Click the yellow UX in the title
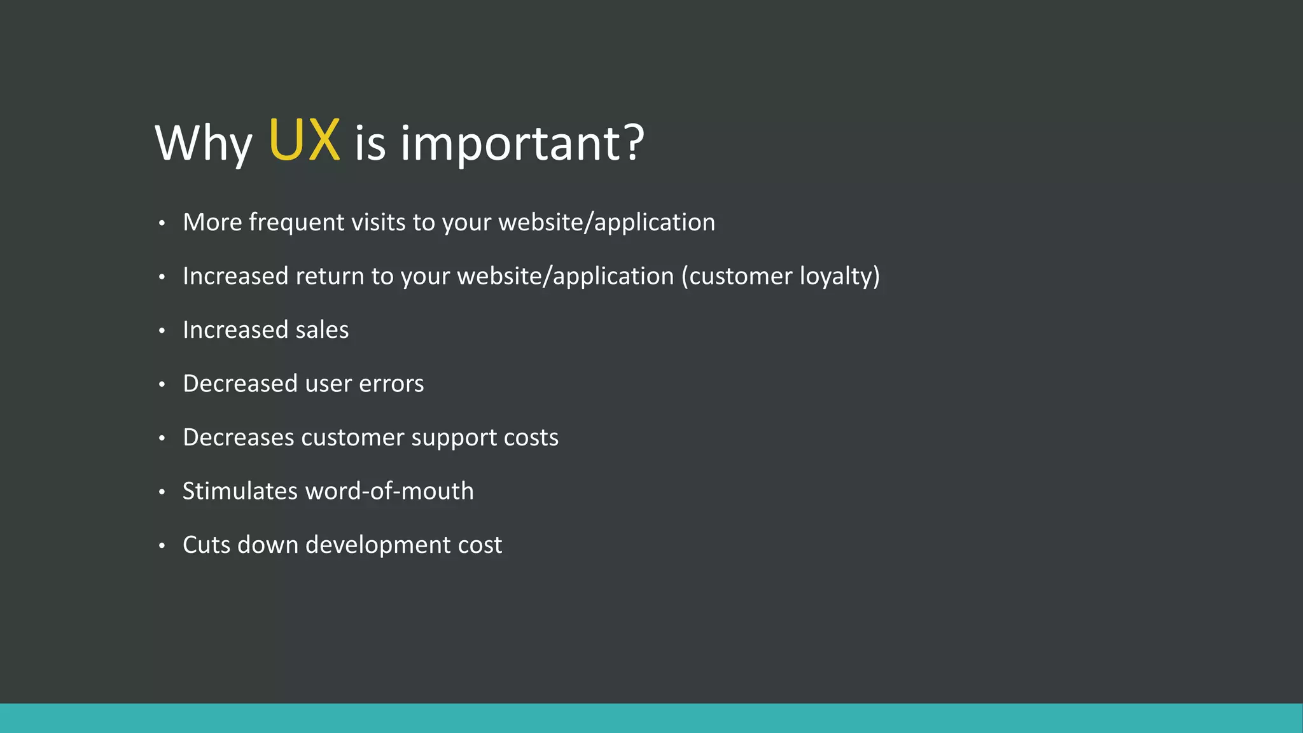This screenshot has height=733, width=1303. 304,141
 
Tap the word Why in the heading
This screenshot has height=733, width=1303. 203,144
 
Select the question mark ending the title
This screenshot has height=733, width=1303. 634,141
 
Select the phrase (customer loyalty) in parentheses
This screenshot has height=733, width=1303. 780,276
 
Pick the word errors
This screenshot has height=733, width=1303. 391,384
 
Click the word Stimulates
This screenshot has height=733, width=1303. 240,491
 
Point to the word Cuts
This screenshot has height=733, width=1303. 206,545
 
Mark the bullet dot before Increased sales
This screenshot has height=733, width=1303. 162,330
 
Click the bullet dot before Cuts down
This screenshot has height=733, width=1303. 162,545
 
